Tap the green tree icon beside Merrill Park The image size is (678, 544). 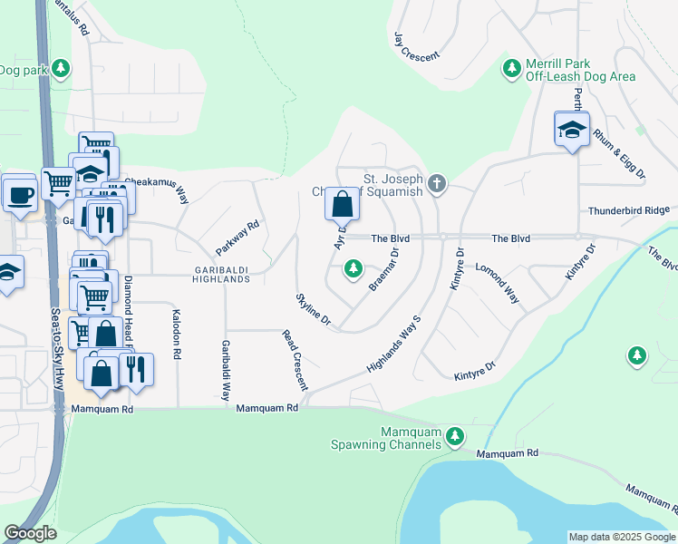coord(512,68)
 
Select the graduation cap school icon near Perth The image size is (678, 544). coord(572,129)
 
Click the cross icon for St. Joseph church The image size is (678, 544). coord(437,184)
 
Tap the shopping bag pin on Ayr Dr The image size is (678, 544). coord(342,205)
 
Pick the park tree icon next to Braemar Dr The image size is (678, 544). coord(354,268)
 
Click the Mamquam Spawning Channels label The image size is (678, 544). coord(386,438)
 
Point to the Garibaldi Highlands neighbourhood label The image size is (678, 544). coord(221,274)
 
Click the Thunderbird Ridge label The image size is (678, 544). coord(628,210)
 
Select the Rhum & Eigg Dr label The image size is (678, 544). coord(619,151)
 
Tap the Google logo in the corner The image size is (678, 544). coord(30,532)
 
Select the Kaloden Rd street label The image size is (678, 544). coord(176,335)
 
